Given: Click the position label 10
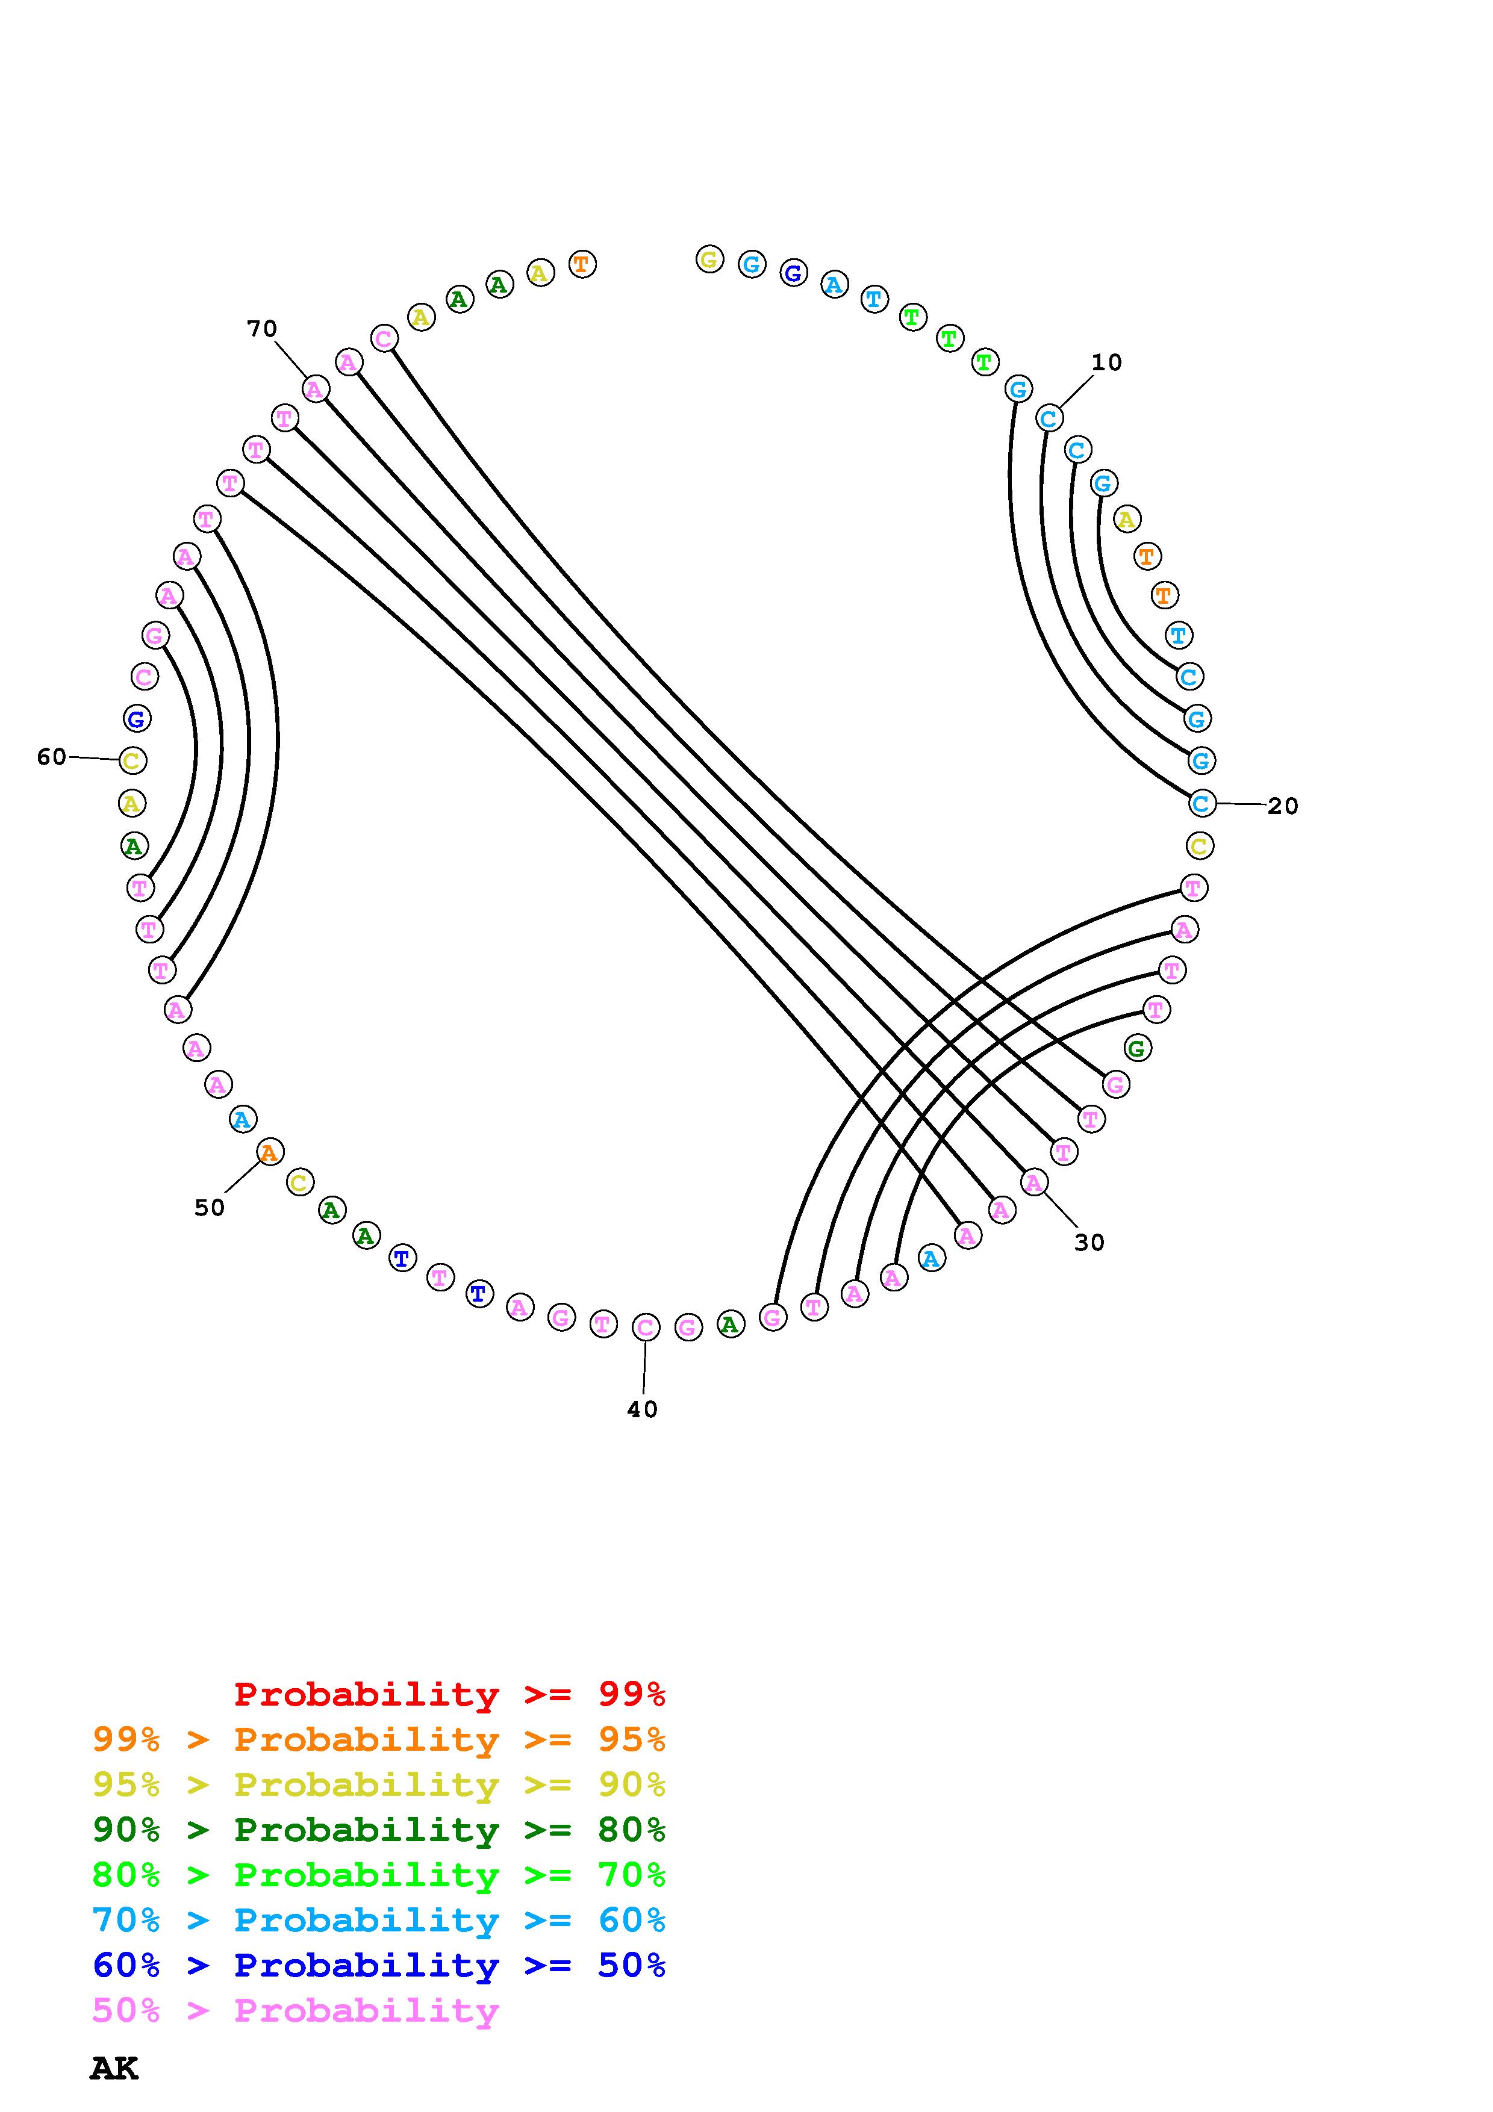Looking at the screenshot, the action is pyautogui.click(x=1106, y=362).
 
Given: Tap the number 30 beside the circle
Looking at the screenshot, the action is pyautogui.click(x=1089, y=1243).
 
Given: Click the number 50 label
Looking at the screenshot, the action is pyautogui.click(x=209, y=1208).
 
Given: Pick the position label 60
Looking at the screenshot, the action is pyautogui.click(x=52, y=757).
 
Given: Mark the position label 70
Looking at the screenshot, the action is pyautogui.click(x=261, y=328).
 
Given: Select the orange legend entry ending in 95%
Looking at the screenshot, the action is pyautogui.click(x=379, y=1739).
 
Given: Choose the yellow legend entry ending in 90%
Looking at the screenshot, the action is pyautogui.click(x=379, y=1784).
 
